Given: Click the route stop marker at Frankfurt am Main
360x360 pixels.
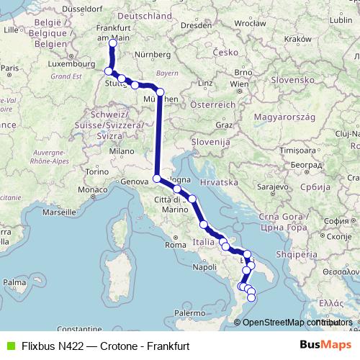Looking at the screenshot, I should (x=112, y=42).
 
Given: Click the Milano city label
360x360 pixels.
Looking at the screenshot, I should (x=122, y=151).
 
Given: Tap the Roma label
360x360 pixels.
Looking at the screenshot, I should (x=175, y=245).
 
